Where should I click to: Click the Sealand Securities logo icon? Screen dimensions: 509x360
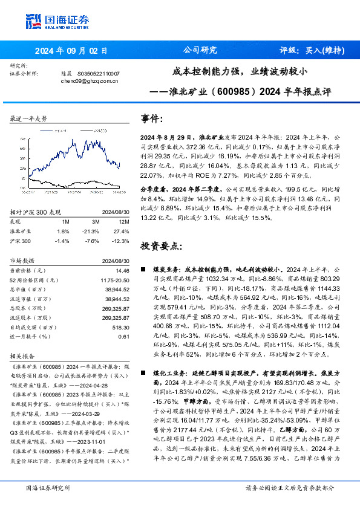pos(34,21)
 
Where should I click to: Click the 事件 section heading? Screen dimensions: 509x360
pos(151,118)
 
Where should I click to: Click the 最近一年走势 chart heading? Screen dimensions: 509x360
pos(28,119)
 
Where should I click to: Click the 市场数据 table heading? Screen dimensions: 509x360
pos(24,260)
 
